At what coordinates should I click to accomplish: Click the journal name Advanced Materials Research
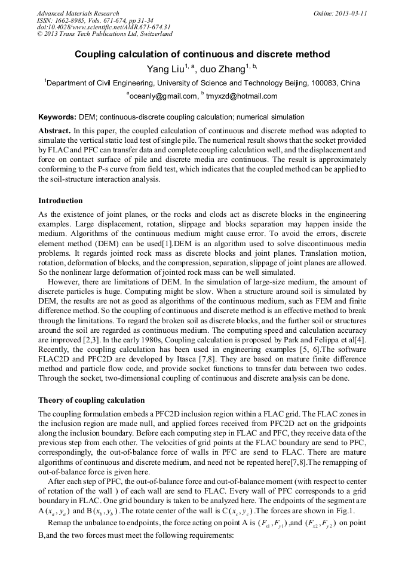[x=78, y=13]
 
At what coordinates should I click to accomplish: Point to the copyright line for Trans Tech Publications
[x=105, y=34]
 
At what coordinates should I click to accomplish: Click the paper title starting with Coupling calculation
[x=202, y=54]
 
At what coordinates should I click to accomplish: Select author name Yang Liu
[x=165, y=69]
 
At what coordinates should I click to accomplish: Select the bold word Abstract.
[x=54, y=130]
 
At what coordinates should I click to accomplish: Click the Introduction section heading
[x=60, y=201]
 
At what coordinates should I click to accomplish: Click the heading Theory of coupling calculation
[x=91, y=400]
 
